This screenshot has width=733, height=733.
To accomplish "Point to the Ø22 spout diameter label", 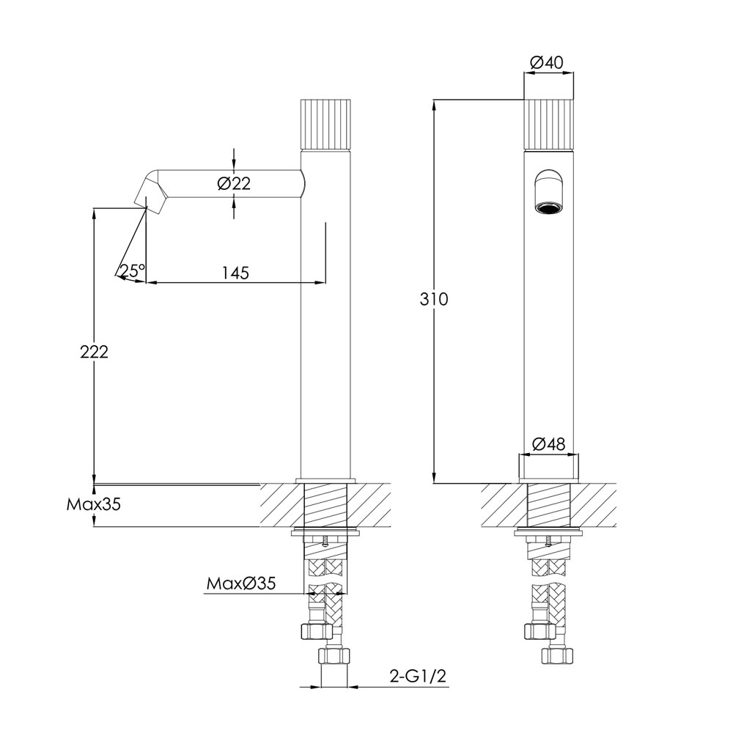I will pos(234,184).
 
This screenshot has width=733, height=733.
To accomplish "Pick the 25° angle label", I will pos(133,270).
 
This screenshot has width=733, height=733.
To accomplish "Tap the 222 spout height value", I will pos(95,352).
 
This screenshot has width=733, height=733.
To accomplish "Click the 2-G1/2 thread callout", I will pos(419,676).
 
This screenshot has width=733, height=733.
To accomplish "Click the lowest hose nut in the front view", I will pos(553,655).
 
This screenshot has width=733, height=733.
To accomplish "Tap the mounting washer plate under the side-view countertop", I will pos(327,532).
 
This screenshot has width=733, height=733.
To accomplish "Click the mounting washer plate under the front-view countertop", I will pos(549,532).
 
